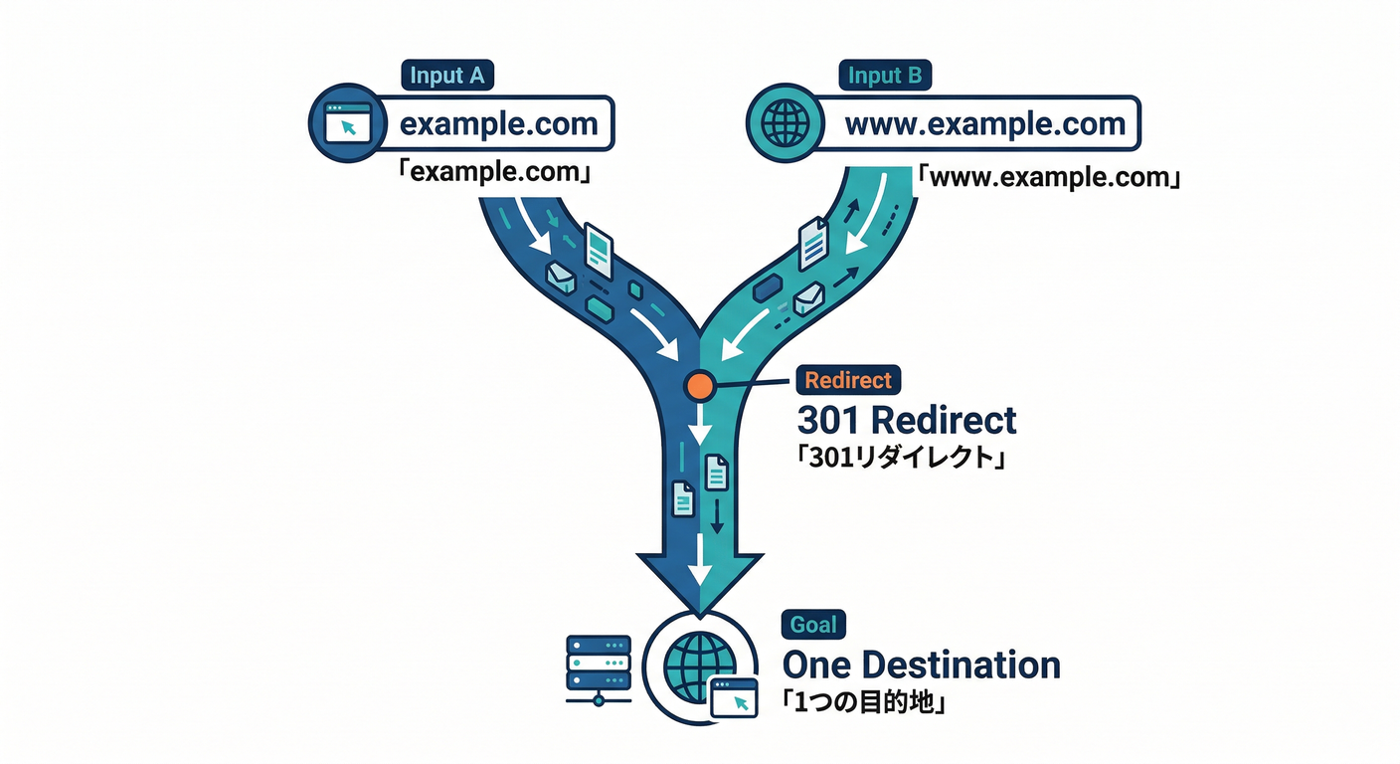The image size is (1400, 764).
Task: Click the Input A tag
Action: coord(447,75)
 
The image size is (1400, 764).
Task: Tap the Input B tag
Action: coord(884,75)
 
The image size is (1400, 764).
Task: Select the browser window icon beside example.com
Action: coord(348,124)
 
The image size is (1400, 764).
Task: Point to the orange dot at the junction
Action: coord(700,384)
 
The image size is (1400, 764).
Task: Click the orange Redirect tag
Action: coord(848,380)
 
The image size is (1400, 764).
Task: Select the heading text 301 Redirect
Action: coord(907,420)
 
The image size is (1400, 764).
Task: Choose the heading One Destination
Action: coord(921,665)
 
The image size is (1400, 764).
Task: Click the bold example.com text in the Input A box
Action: coord(498,124)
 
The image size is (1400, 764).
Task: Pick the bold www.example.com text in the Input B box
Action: coord(984,124)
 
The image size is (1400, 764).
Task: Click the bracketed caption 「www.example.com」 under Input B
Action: coord(1047,180)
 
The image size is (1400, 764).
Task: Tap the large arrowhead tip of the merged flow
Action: coord(701,607)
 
